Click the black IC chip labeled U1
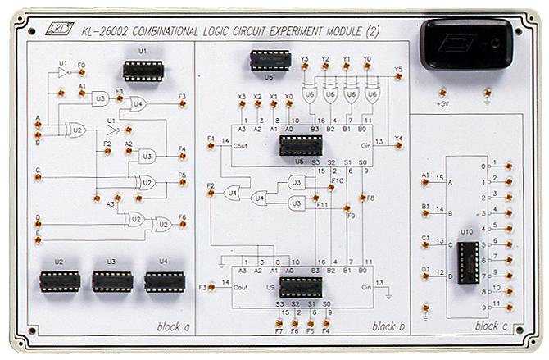143,71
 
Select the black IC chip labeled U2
59,281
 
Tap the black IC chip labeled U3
112,281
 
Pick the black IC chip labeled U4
165,281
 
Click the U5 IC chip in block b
299,146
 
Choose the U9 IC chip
299,287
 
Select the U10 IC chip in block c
468,261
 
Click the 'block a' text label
173,326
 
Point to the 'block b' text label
388,326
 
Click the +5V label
442,105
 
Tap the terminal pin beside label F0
81,72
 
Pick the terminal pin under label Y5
398,80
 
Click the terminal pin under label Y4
398,148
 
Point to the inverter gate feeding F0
63,73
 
